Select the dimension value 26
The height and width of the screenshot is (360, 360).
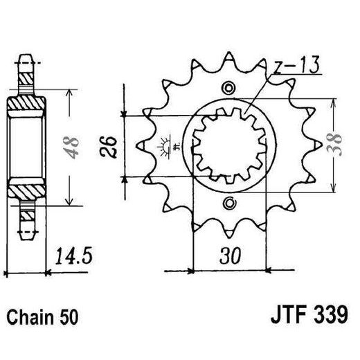click(x=110, y=146)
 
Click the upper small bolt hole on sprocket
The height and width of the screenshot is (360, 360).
click(x=229, y=88)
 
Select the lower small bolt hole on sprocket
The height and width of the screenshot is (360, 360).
click(x=229, y=203)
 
